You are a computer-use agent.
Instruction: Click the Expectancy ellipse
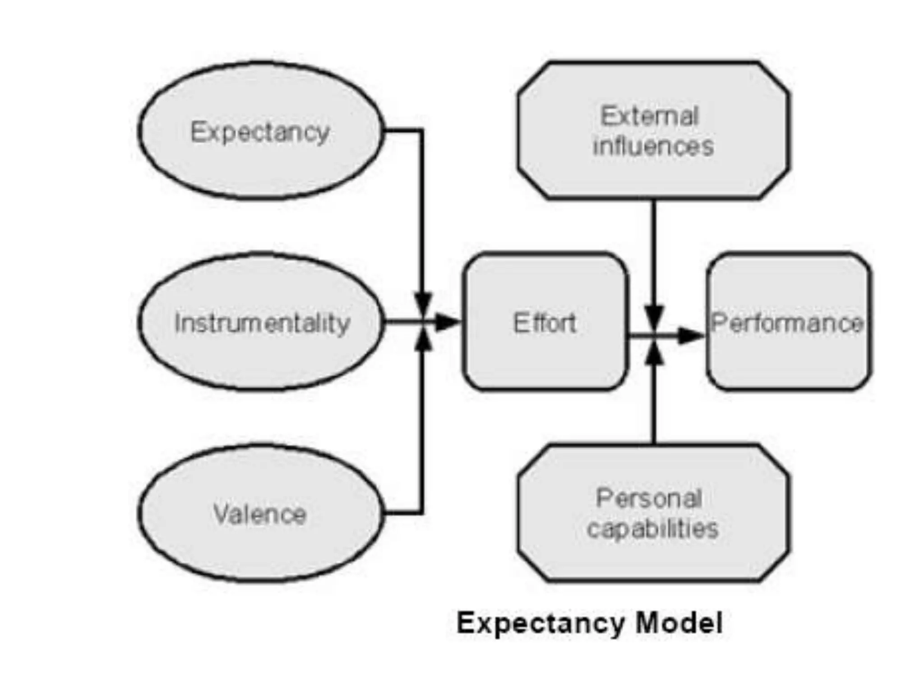click(261, 131)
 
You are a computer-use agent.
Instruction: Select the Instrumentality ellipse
click(261, 322)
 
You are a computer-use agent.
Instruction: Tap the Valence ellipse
click(261, 513)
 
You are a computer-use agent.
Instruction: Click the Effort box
click(545, 322)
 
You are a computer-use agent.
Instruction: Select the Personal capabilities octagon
click(653, 513)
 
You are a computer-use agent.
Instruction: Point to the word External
click(650, 116)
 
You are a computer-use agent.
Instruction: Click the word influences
click(653, 146)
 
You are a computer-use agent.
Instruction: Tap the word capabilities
click(652, 529)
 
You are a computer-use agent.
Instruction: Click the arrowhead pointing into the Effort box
click(447, 322)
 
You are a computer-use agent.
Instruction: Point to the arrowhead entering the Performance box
click(690, 335)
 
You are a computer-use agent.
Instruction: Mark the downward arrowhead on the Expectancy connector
click(423, 303)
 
